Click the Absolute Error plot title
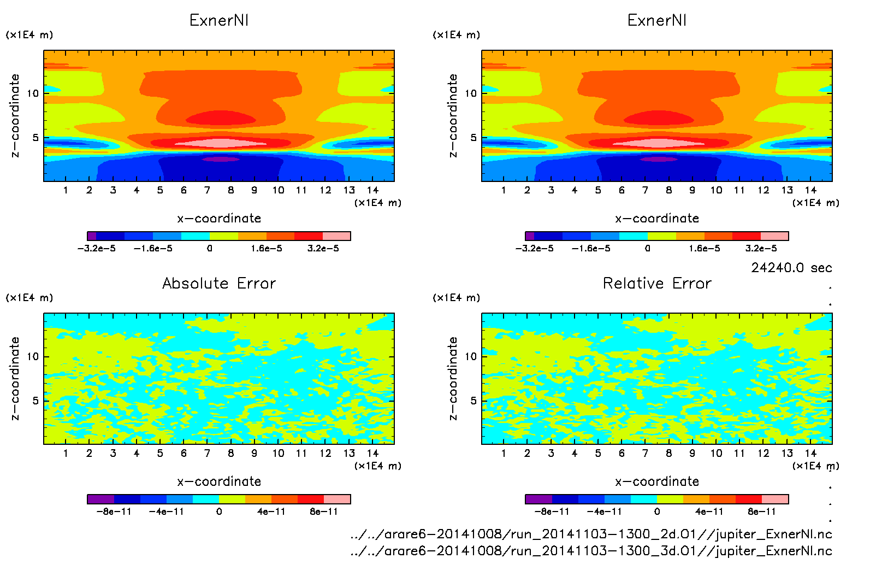(x=219, y=283)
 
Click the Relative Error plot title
(x=657, y=283)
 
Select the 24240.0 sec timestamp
(x=791, y=268)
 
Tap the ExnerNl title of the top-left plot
(x=219, y=20)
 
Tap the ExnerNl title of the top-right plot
(x=657, y=20)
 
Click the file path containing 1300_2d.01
(x=591, y=534)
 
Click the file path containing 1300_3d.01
(x=591, y=551)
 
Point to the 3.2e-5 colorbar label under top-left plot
(x=323, y=249)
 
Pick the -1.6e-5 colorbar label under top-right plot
(x=591, y=249)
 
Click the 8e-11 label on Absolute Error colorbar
(x=324, y=512)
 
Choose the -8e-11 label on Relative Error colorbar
(x=552, y=512)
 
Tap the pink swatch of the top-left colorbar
(x=336, y=236)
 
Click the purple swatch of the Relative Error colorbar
(x=538, y=499)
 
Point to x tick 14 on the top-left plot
(x=372, y=190)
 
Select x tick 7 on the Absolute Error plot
(x=207, y=453)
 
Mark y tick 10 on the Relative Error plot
(x=471, y=356)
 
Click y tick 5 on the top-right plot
(x=473, y=138)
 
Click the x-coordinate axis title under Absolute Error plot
(x=219, y=481)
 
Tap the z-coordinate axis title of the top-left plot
(x=15, y=115)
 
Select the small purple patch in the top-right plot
(x=659, y=159)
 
